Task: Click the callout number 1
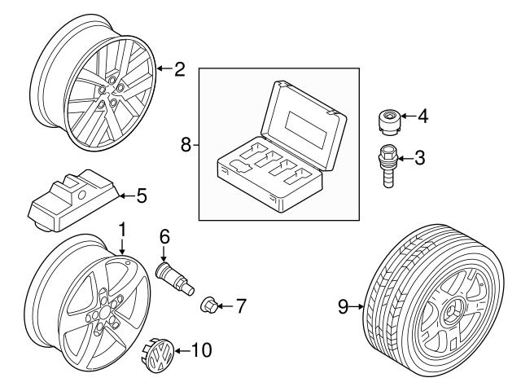pos(122,231)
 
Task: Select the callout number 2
pos(180,68)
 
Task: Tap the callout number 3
pos(419,157)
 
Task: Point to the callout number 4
pos(422,116)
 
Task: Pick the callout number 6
pos(164,237)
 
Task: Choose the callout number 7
pos(240,306)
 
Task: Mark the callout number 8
pos(186,144)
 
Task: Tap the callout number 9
pos(344,306)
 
